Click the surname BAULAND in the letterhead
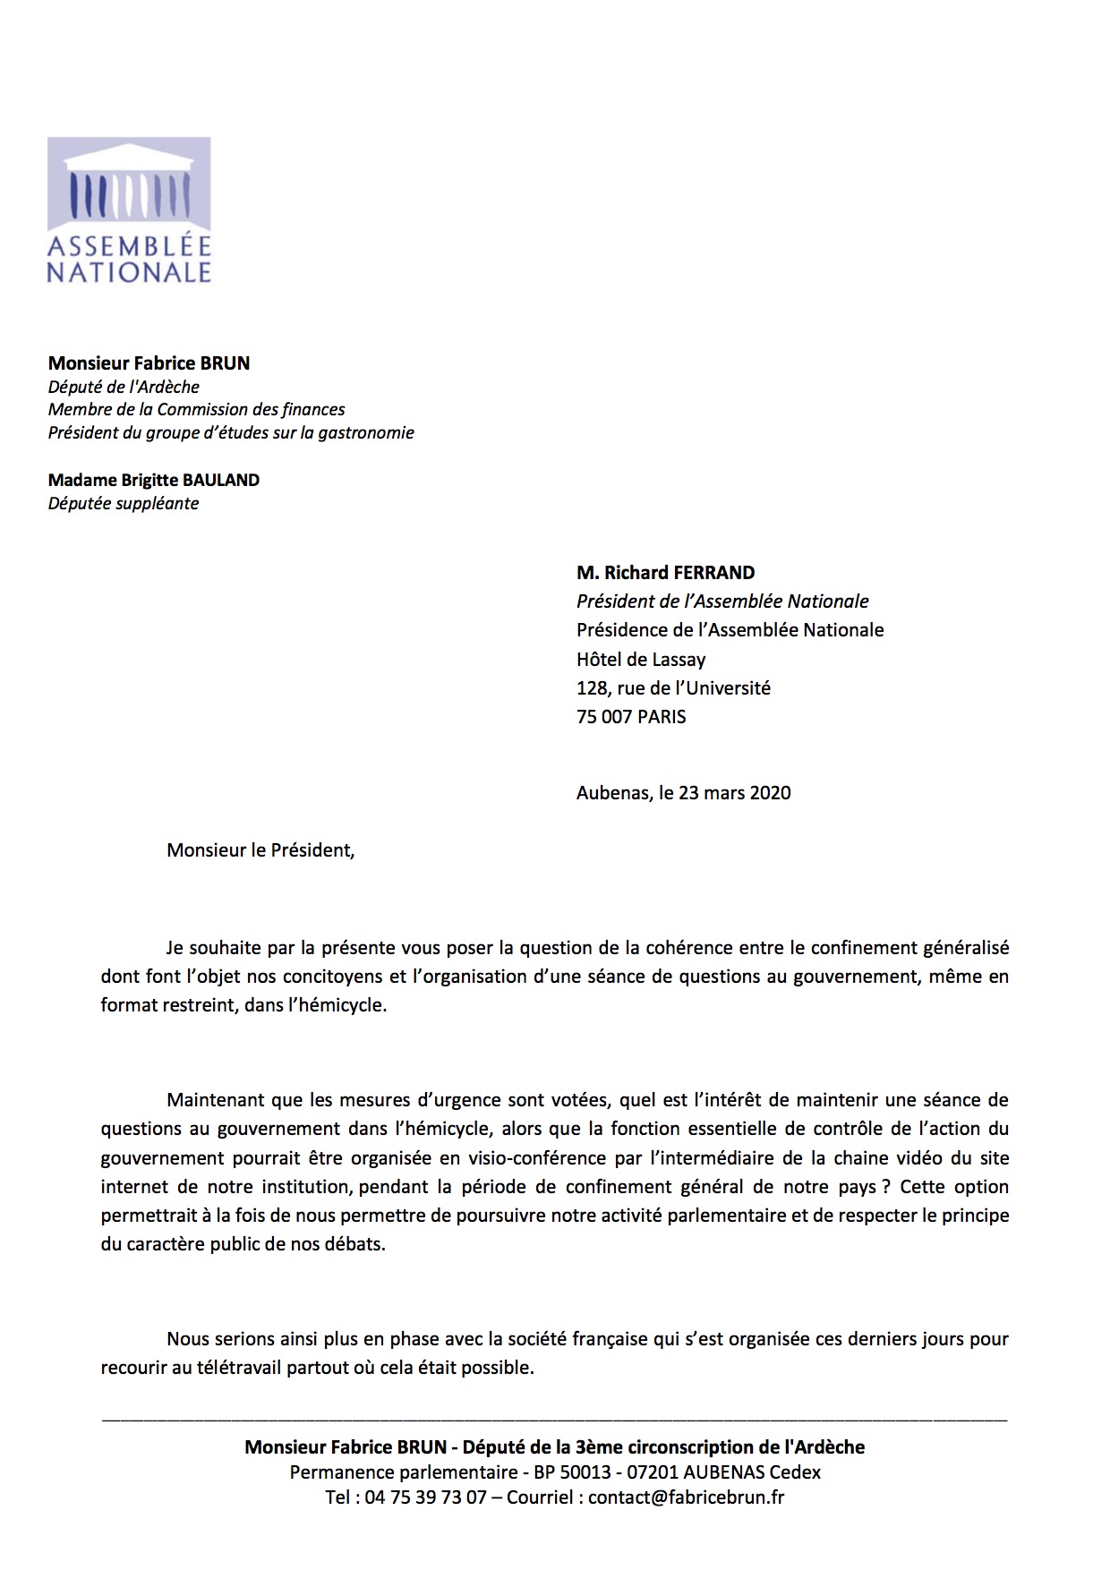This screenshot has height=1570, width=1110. (221, 480)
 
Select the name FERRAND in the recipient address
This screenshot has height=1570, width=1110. (713, 573)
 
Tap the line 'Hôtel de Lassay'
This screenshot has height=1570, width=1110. (641, 660)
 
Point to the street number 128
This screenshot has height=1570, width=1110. (591, 688)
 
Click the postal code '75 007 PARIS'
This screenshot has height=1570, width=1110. (631, 717)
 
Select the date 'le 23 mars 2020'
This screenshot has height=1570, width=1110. (725, 793)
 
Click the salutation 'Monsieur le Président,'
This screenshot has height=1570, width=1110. (260, 850)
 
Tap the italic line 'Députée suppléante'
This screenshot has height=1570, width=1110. (124, 503)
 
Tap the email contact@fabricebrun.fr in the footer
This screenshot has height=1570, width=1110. (686, 1497)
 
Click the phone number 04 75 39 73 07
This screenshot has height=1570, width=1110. (425, 1497)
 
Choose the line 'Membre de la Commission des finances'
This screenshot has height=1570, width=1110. (196, 410)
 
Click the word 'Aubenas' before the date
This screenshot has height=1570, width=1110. (612, 793)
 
